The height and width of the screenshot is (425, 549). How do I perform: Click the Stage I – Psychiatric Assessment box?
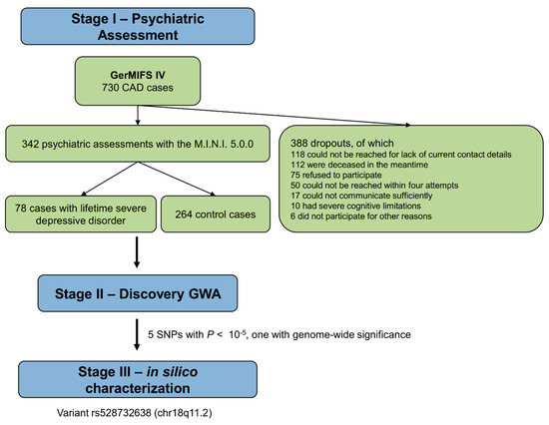coord(138,26)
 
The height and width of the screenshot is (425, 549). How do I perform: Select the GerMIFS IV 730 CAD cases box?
coord(138,81)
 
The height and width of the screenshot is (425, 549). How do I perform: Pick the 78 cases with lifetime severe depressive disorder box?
coord(81,213)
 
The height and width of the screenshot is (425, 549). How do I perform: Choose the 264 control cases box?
coord(216,213)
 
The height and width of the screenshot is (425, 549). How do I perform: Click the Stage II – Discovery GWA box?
coord(138,293)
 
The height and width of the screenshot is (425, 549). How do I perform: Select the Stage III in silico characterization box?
coord(138,379)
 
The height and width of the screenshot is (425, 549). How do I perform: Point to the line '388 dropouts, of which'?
coord(342,143)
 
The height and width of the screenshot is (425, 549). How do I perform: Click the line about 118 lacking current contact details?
coord(401,155)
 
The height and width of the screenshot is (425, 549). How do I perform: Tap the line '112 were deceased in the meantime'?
coord(359,165)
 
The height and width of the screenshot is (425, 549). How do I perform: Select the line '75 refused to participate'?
coord(336,175)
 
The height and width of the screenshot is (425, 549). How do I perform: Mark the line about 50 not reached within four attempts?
coord(374,186)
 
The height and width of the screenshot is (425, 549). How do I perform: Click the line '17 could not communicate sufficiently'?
coord(361,196)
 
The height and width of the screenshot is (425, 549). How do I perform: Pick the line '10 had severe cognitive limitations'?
coord(355,206)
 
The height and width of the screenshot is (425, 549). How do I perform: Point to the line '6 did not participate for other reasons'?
coord(361,216)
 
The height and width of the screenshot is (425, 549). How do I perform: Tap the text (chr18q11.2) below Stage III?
coord(183,413)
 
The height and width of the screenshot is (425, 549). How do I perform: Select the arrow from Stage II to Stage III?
coord(137,334)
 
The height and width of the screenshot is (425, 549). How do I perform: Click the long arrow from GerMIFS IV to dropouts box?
coord(274,115)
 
